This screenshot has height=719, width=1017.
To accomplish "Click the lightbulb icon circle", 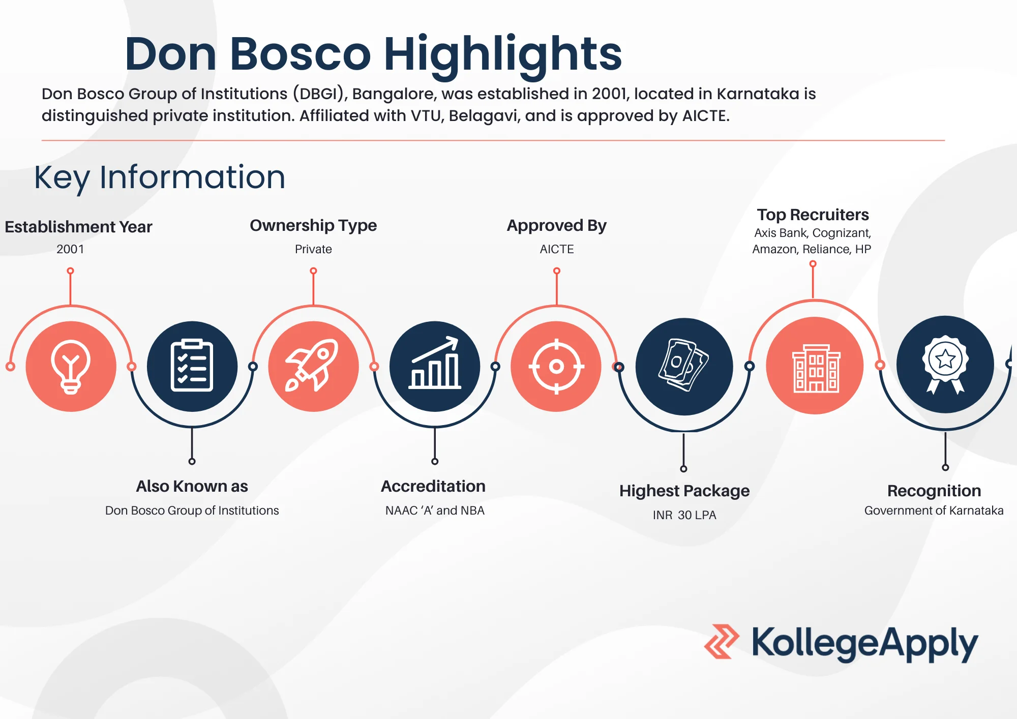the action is coord(71,366).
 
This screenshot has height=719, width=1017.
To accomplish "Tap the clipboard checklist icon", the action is coord(192,366).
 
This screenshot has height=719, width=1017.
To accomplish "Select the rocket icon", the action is coord(313,366).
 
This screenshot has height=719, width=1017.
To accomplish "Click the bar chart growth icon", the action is coord(435,366).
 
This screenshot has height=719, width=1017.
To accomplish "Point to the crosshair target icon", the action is coord(556,366).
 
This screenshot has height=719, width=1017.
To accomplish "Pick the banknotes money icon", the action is coord(684,367).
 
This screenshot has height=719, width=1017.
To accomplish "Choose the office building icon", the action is coord(815,366).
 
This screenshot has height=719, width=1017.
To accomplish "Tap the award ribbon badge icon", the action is coord(945,365).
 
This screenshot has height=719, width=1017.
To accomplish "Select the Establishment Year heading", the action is coord(78,227).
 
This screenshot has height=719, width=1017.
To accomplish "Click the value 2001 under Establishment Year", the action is coord(70,249).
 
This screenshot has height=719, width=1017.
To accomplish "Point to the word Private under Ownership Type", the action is coord(313,249).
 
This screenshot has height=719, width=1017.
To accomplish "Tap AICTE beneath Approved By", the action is coord(557,249).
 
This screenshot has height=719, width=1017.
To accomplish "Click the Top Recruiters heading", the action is coord(813,215).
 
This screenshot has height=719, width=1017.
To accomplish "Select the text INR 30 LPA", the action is coord(684,515).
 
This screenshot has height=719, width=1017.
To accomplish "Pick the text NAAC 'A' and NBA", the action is coord(435,511).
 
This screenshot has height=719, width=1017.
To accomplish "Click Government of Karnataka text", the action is coord(934,511).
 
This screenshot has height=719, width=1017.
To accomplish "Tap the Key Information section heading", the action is coord(160,177).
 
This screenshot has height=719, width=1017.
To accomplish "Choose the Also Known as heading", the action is coord(192,486).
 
